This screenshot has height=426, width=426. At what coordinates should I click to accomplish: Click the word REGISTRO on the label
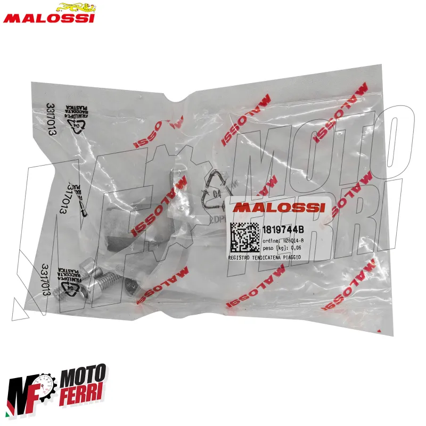(x=240, y=257)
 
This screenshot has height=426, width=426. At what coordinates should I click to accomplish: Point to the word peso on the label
(x=269, y=248)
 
